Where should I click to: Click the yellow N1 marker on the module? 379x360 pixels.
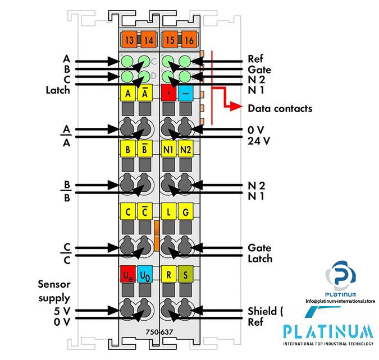click(168, 150)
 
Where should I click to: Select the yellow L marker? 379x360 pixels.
click(168, 212)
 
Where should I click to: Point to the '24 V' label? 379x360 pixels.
click(259, 141)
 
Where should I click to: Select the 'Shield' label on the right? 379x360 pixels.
click(263, 311)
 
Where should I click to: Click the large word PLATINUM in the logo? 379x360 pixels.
click(328, 330)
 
